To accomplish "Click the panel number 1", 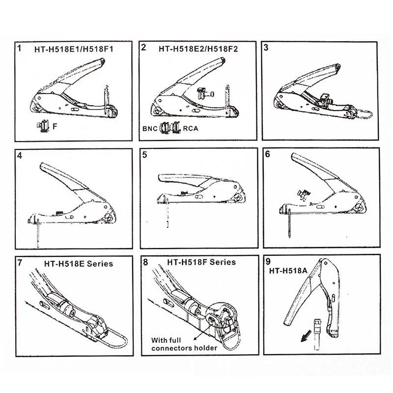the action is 19,48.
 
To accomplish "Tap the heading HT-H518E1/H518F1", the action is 74,49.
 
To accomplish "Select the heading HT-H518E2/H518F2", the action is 198,49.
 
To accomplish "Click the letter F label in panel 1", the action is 55,126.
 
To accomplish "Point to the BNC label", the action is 150,129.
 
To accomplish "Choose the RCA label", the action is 191,128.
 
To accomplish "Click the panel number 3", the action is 266,47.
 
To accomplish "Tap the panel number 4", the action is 20,155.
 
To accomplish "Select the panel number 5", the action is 144,155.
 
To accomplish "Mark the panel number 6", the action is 267,154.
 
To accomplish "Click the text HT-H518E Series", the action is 79,264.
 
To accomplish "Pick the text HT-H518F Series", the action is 201,262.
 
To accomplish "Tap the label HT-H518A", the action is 288,271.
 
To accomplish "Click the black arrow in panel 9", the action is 306,336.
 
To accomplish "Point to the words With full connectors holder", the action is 184,344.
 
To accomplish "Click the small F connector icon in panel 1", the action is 43,126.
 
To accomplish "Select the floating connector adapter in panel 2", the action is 205,93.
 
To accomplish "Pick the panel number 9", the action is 268,261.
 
